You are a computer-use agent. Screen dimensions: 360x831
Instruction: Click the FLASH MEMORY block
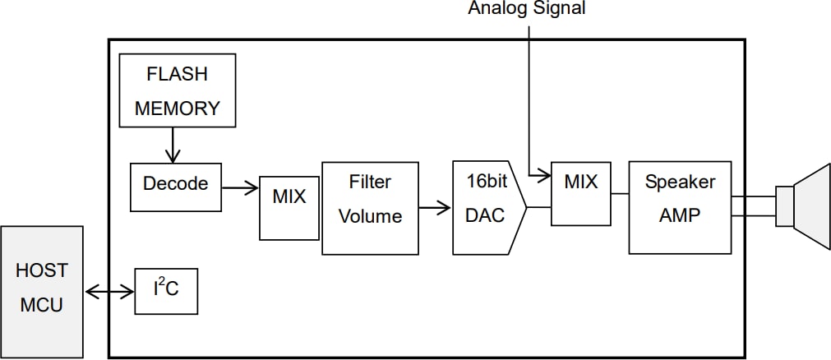[178, 90]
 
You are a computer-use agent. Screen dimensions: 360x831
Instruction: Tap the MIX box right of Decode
[289, 208]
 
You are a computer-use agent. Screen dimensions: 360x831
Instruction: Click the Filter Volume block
[370, 208]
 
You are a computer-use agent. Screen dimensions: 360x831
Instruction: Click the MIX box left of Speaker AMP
[581, 193]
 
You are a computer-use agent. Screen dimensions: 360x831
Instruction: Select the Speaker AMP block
[681, 207]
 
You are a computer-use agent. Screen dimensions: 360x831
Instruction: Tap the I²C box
[166, 290]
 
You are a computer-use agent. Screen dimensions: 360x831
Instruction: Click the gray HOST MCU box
[41, 292]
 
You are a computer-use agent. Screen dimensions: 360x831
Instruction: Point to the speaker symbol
[804, 205]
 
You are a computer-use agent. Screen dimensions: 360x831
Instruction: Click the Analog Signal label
[527, 9]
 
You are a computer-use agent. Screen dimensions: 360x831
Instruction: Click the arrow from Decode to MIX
[240, 188]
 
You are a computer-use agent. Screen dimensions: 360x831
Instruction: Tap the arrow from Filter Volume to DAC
[435, 207]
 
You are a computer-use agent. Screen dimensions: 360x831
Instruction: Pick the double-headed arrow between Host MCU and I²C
[108, 291]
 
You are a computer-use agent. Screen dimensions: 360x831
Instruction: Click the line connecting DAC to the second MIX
[538, 207]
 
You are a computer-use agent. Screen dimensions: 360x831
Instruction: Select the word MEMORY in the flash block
[178, 108]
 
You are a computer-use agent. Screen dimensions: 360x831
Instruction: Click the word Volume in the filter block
[370, 217]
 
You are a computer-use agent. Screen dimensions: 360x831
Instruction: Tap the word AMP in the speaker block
[681, 215]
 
